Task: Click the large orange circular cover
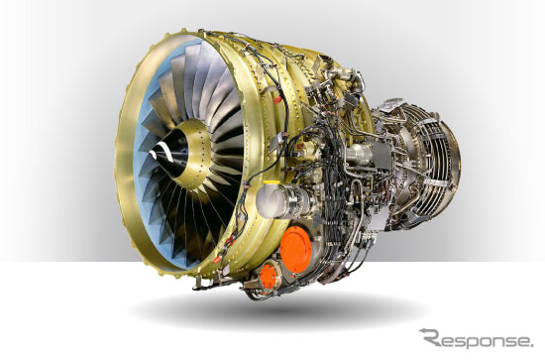coord(295,249)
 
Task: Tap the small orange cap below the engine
coord(268,276)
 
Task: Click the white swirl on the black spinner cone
coord(162,151)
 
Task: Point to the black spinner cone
coord(169,152)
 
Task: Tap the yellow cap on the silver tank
coord(271,181)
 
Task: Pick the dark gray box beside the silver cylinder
coord(381,156)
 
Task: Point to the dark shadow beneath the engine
coord(278,310)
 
